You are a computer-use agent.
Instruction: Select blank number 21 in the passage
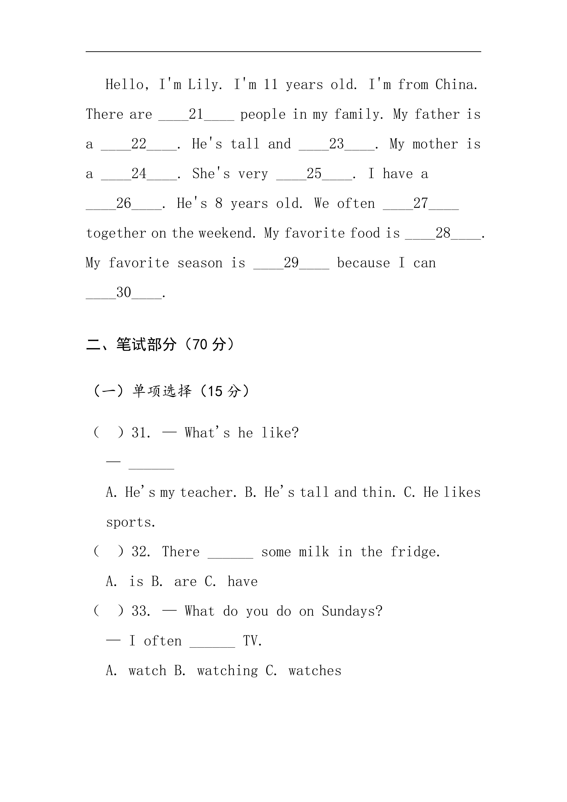click(x=196, y=114)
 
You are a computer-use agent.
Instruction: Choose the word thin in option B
click(x=378, y=492)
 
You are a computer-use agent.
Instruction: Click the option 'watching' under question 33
click(x=227, y=671)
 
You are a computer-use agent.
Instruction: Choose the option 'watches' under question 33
click(x=315, y=671)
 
